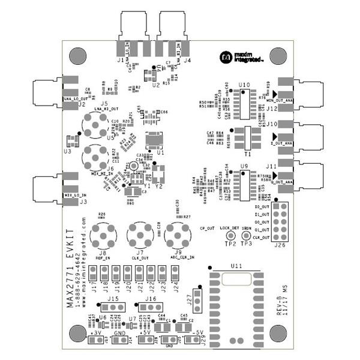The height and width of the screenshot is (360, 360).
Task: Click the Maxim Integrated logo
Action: tap(238, 57)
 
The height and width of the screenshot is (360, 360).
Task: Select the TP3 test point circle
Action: tap(246, 237)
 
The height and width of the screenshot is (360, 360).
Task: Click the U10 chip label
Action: tap(244, 85)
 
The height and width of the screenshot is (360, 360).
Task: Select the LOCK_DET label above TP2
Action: tap(229, 228)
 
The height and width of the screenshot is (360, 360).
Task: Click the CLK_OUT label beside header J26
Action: tap(262, 238)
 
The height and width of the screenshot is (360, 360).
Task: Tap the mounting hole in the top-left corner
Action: tap(78, 56)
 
